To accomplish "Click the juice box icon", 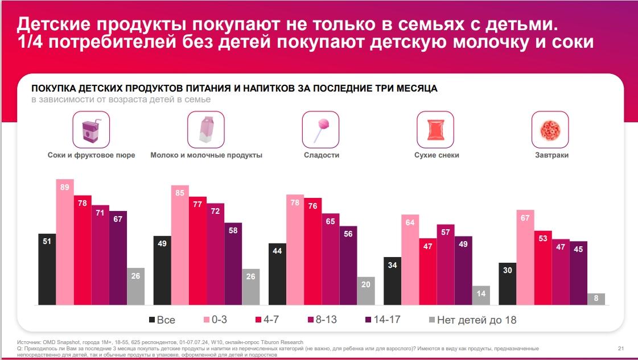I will tap(91, 130).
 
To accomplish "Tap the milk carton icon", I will tap(206, 130).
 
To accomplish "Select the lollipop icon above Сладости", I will tap(321, 130).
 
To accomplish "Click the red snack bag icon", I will tap(435, 130).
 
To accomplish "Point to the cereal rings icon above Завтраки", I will tap(550, 130).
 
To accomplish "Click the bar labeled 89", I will tap(65, 242).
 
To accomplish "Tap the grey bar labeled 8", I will tap(596, 299).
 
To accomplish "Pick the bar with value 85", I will tap(180, 245).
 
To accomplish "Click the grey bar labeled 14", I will tap(481, 295).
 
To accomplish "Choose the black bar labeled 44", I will tap(277, 274).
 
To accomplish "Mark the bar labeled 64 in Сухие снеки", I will tap(410, 259).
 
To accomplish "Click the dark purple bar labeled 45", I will tap(578, 273).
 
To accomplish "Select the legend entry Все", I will tap(162, 320).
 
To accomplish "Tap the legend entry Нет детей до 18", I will tap(472, 320).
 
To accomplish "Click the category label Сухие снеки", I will tap(437, 155).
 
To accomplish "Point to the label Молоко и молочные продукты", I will tap(206, 155).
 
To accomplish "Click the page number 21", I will tap(621, 347).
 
